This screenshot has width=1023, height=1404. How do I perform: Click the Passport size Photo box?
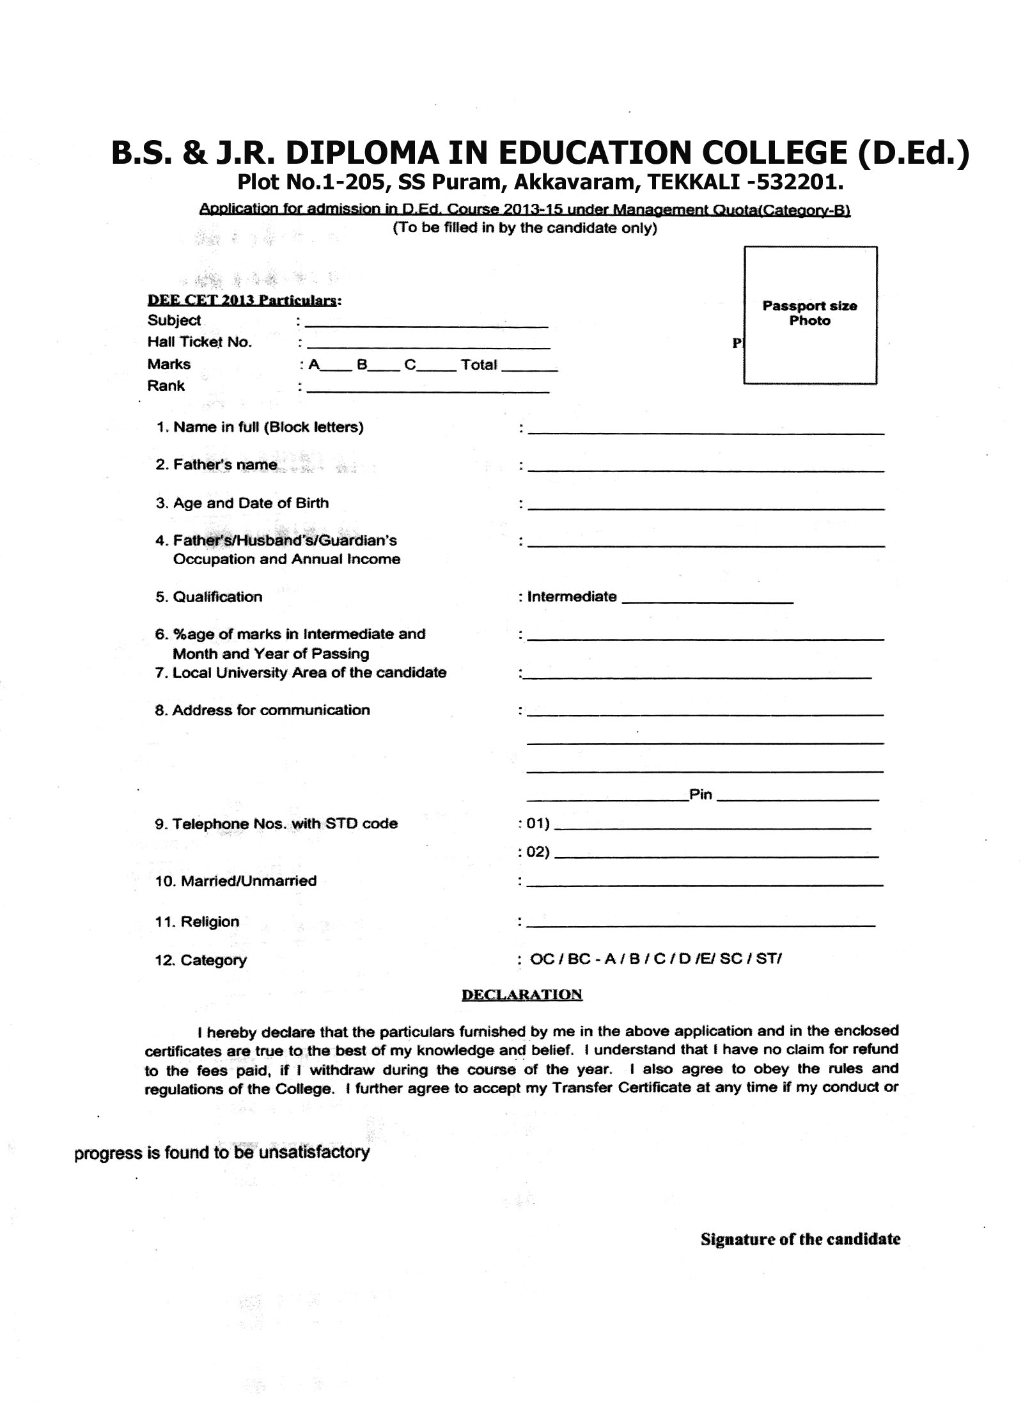[x=809, y=315]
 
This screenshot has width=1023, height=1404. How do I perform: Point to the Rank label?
[x=166, y=386]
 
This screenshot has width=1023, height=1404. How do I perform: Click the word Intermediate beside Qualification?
[x=572, y=597]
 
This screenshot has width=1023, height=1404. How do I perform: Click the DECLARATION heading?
[x=522, y=995]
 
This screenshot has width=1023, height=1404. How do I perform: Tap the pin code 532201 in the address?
[x=800, y=184]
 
